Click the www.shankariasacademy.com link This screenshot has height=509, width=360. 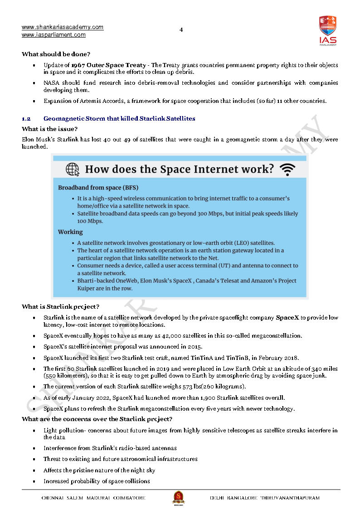pyautogui.click(x=63, y=27)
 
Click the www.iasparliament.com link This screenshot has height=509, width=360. pyautogui.click(x=54, y=35)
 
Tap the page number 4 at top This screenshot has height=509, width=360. pyautogui.click(x=181, y=30)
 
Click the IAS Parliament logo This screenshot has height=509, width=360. pyautogui.click(x=327, y=30)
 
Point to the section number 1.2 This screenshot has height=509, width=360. pyautogui.click(x=26, y=119)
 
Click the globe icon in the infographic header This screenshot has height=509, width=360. pyautogui.click(x=73, y=170)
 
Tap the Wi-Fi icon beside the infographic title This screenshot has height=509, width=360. pyautogui.click(x=287, y=170)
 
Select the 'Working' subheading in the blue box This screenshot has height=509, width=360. pyautogui.click(x=70, y=232)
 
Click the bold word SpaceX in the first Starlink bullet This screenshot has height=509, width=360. pyautogui.click(x=287, y=318)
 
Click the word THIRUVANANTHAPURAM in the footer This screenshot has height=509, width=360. pyautogui.click(x=290, y=498)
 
